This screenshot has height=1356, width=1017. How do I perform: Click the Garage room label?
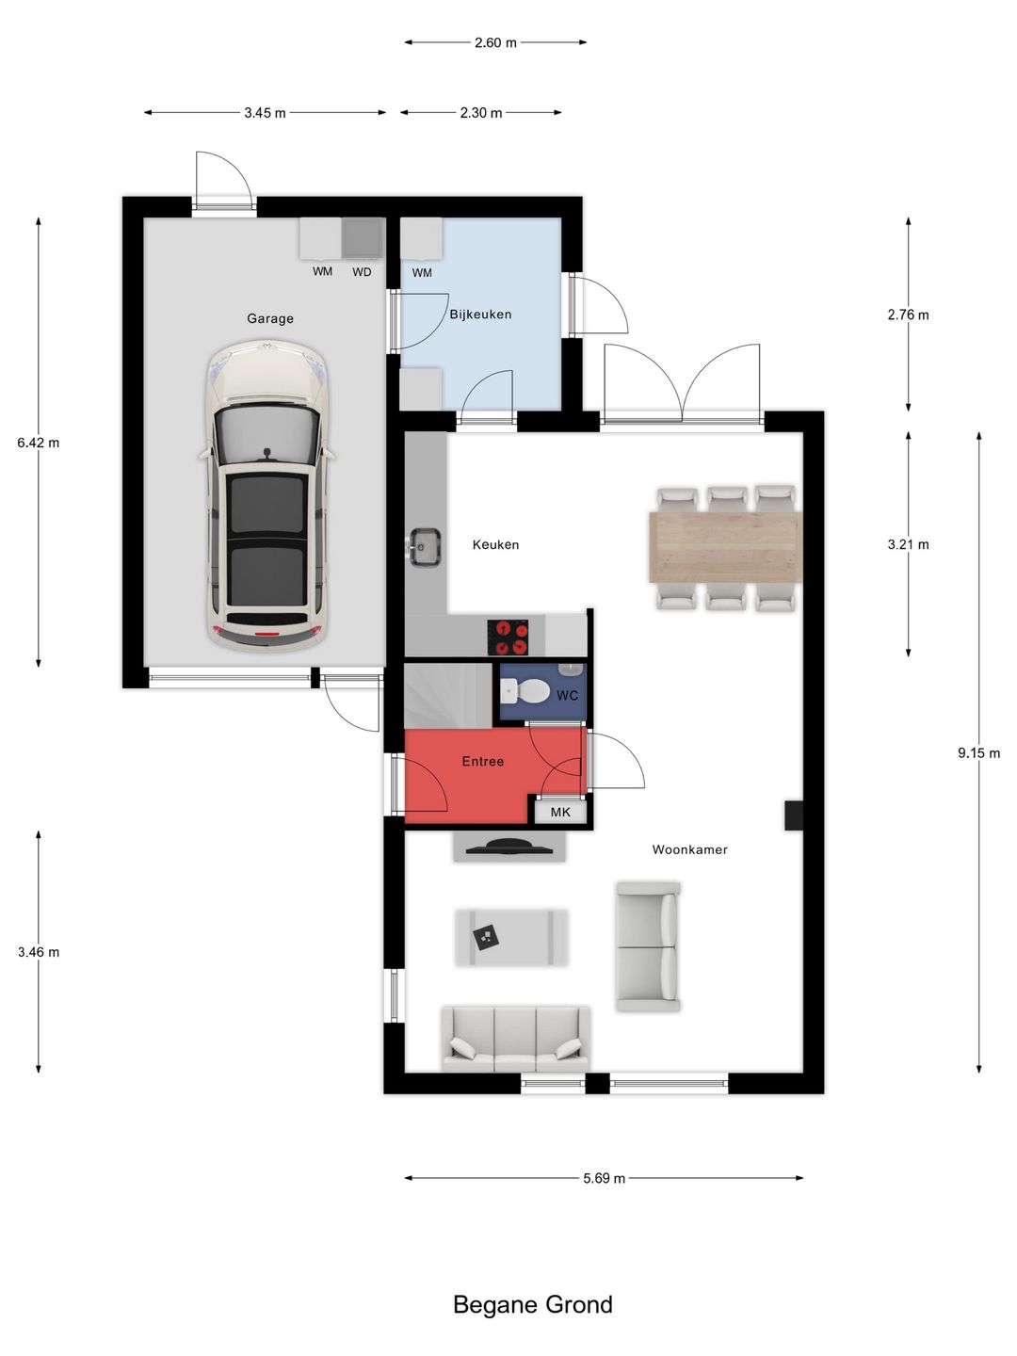270,319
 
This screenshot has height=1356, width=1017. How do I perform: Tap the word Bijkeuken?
480,315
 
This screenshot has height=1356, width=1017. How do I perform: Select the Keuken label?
495,545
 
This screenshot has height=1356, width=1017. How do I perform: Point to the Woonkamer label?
689,849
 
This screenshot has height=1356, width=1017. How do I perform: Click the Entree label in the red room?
483,761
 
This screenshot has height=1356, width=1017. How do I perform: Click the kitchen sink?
424,547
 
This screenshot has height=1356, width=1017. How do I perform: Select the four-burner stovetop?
508,637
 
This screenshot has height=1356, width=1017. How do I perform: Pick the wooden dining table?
725,547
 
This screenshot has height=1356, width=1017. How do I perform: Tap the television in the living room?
508,846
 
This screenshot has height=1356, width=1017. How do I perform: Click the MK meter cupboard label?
560,812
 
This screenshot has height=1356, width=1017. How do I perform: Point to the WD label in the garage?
362,272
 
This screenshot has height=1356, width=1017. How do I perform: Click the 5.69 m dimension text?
604,1178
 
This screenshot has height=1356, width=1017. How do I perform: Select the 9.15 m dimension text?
978,753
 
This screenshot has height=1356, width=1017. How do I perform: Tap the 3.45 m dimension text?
265,112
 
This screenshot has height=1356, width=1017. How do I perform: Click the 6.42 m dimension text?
39,443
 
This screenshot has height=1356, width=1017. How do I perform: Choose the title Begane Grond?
533,1305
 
